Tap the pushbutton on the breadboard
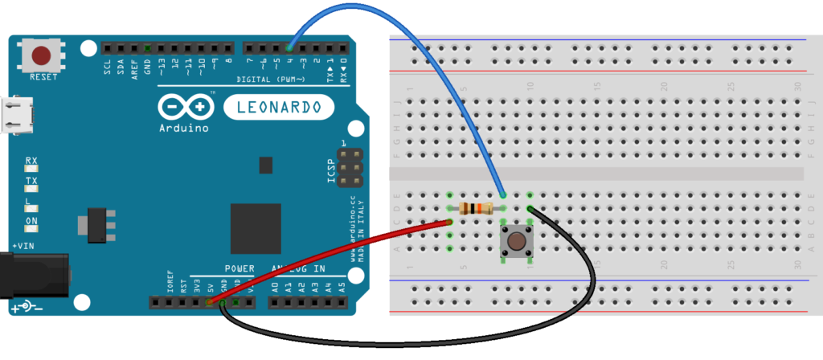click(x=516, y=239)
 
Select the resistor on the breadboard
click(x=476, y=209)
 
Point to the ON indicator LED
click(x=32, y=227)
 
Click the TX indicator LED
click(x=32, y=189)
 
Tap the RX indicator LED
click(x=32, y=170)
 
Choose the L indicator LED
click(x=32, y=208)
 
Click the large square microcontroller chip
click(x=256, y=228)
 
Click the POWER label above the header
click(x=239, y=268)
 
